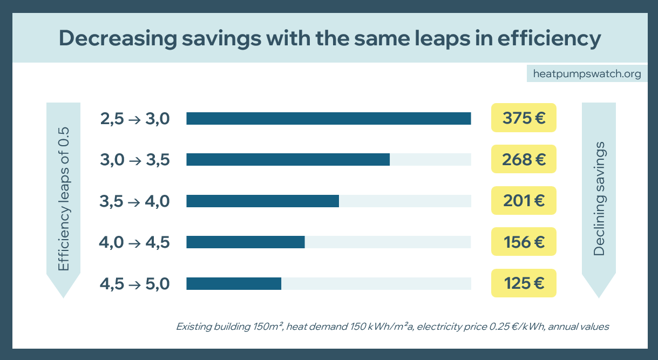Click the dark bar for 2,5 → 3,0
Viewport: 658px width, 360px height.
tap(328, 118)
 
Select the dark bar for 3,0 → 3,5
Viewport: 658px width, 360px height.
tap(288, 159)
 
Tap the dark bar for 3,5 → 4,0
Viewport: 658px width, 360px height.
tap(262, 201)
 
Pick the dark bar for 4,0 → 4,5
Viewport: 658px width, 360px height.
tap(246, 242)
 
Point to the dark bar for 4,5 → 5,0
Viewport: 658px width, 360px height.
tap(234, 283)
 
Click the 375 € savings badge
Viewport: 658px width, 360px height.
tap(524, 118)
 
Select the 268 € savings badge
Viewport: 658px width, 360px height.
tap(524, 159)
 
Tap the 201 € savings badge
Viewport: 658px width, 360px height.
tap(524, 201)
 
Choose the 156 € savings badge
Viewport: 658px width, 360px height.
tap(524, 242)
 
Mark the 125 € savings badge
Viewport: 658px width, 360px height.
tap(524, 283)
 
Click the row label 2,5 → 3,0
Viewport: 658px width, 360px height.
tap(135, 118)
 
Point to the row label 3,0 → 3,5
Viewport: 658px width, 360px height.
tap(135, 159)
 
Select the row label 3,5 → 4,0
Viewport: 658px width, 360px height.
tap(135, 201)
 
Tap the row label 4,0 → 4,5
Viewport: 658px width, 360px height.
tap(134, 242)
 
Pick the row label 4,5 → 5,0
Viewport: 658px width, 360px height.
tap(135, 283)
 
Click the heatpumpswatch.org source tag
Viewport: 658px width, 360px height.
tap(587, 73)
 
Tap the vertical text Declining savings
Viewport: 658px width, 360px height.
tap(599, 199)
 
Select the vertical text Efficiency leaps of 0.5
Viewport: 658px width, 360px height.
tap(64, 200)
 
